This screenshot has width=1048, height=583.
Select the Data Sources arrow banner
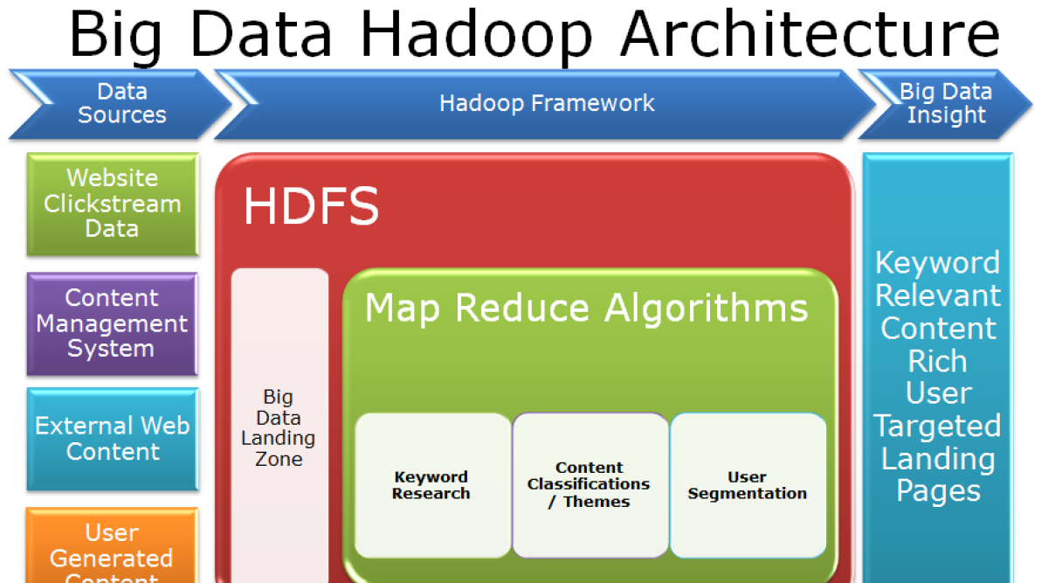(x=121, y=104)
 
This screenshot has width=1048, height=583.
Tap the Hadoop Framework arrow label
(x=547, y=104)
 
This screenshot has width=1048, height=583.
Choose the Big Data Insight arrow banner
(x=945, y=104)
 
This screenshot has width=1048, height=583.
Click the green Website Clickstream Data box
(x=113, y=204)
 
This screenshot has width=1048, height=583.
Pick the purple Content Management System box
(x=112, y=323)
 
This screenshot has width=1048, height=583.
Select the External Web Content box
(x=113, y=439)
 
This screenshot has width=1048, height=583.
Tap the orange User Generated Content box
(x=112, y=547)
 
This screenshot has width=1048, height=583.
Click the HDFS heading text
(x=311, y=207)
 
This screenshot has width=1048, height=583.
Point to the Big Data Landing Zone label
(x=279, y=428)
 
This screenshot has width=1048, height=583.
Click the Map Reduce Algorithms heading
(x=586, y=309)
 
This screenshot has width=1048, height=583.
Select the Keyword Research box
(x=431, y=485)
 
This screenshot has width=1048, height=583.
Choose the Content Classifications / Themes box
(x=589, y=485)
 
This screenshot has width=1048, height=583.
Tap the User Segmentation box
(x=748, y=485)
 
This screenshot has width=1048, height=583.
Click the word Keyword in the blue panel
(x=937, y=263)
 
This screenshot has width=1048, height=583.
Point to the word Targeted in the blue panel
(x=937, y=427)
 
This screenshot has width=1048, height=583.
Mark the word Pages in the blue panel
(x=938, y=491)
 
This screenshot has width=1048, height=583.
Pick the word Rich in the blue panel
(x=937, y=361)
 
